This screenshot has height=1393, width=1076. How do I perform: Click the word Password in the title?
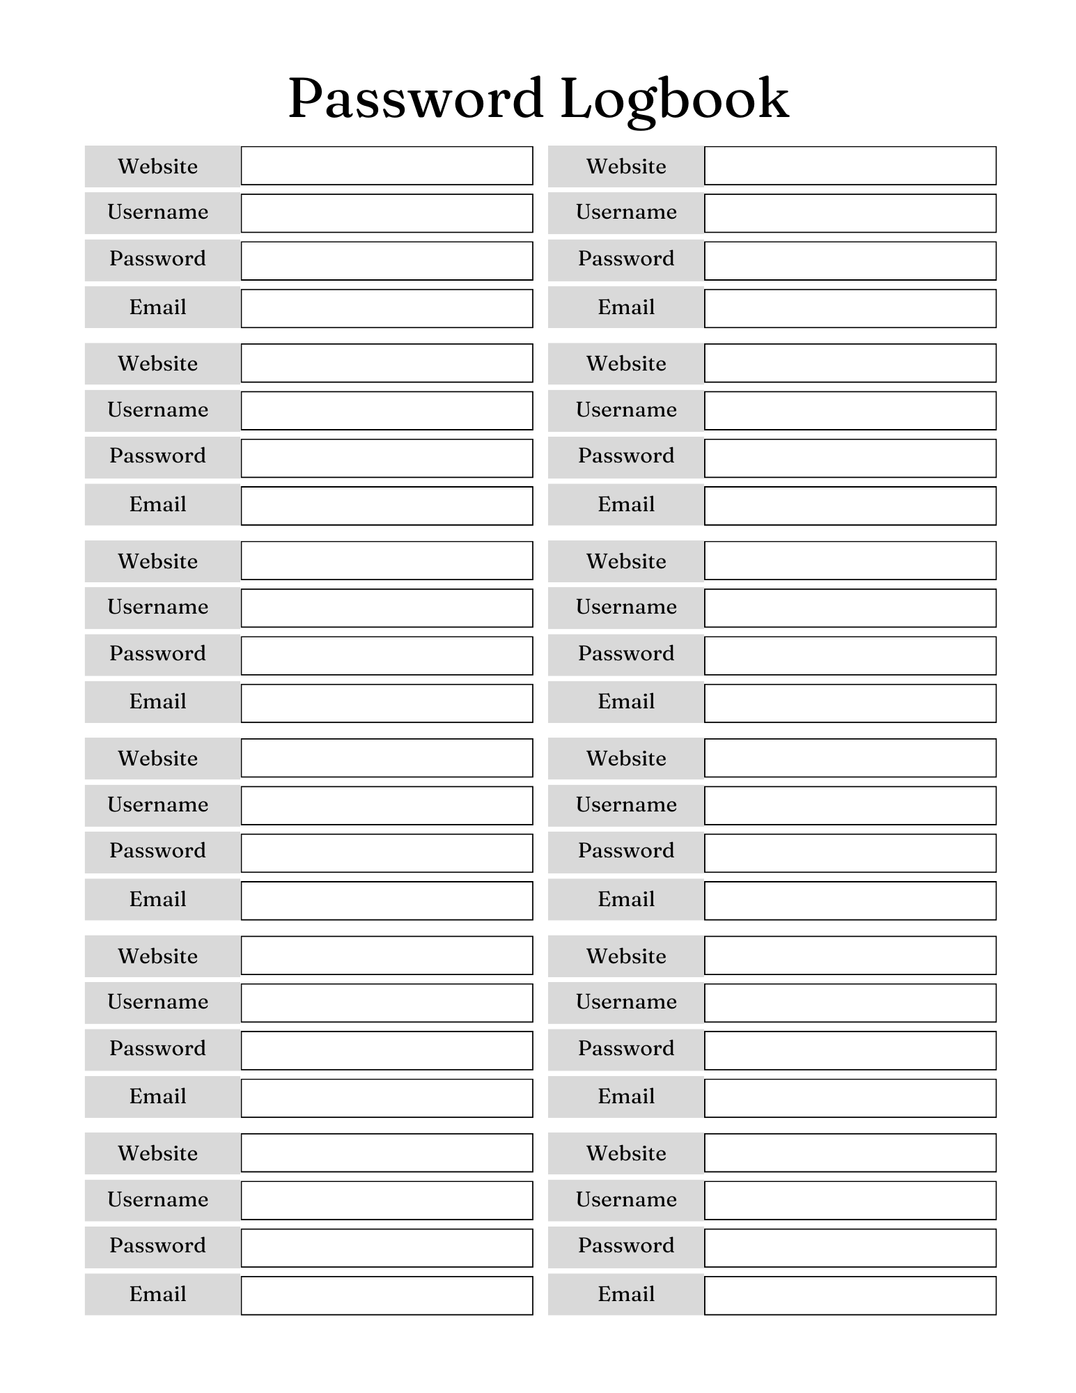415,99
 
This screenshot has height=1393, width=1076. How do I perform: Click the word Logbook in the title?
673,99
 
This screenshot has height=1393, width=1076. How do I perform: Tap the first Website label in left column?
158,166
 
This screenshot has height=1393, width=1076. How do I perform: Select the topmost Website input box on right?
850,166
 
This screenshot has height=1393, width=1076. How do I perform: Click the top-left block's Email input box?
387,309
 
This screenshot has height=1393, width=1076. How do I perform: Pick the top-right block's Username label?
626,212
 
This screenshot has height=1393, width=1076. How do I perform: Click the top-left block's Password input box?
387,261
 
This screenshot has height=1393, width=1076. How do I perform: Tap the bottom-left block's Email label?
158,1294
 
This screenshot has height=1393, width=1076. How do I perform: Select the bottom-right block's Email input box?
850,1295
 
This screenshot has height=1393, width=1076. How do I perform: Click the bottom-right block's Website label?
626,1153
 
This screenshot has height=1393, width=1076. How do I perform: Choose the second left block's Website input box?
387,363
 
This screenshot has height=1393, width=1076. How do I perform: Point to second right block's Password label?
626,456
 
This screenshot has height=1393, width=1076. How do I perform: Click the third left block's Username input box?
387,608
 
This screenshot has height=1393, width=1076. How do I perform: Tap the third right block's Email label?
626,701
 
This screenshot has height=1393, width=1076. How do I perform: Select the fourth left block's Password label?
158,851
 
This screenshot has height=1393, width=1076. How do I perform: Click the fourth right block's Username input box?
850,806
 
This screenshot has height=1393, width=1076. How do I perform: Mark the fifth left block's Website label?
158,956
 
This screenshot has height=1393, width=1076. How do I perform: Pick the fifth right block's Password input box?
850,1050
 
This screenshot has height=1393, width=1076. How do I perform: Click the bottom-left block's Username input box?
387,1200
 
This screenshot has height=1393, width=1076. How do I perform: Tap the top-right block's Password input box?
850,261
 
